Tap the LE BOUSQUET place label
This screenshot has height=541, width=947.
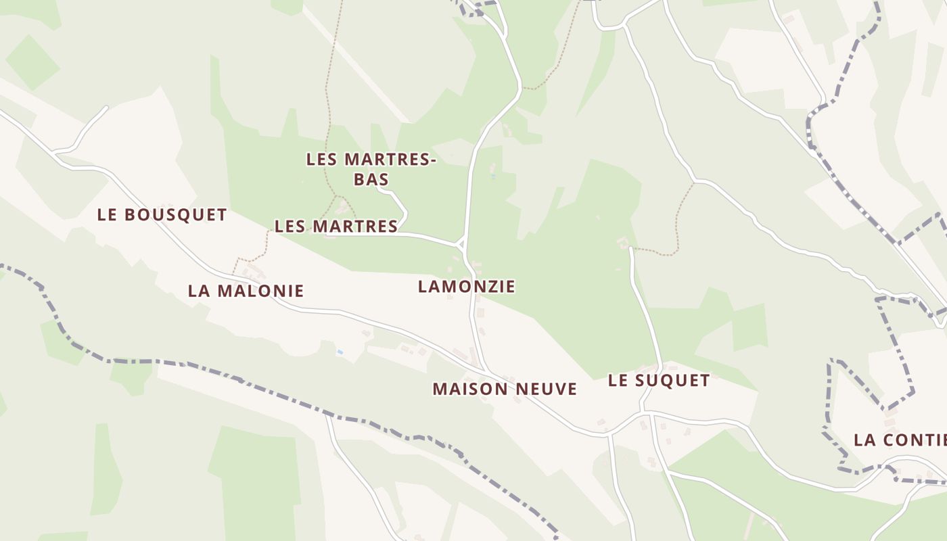pyautogui.click(x=162, y=215)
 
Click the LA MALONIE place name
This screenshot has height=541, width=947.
pyautogui.click(x=246, y=291)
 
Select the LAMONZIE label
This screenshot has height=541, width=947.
pyautogui.click(x=466, y=287)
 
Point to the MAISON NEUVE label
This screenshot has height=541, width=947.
pyautogui.click(x=505, y=389)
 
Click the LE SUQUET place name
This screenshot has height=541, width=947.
pyautogui.click(x=659, y=381)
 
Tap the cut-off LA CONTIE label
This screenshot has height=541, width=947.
pyautogui.click(x=900, y=440)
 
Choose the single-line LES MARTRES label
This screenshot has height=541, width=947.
pyautogui.click(x=336, y=227)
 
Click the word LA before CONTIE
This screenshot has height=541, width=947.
pyautogui.click(x=865, y=440)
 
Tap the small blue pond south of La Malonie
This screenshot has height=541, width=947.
pyautogui.click(x=340, y=352)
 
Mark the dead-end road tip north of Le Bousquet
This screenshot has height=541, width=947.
pyautogui.click(x=106, y=107)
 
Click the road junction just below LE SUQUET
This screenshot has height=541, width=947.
pyautogui.click(x=643, y=411)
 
